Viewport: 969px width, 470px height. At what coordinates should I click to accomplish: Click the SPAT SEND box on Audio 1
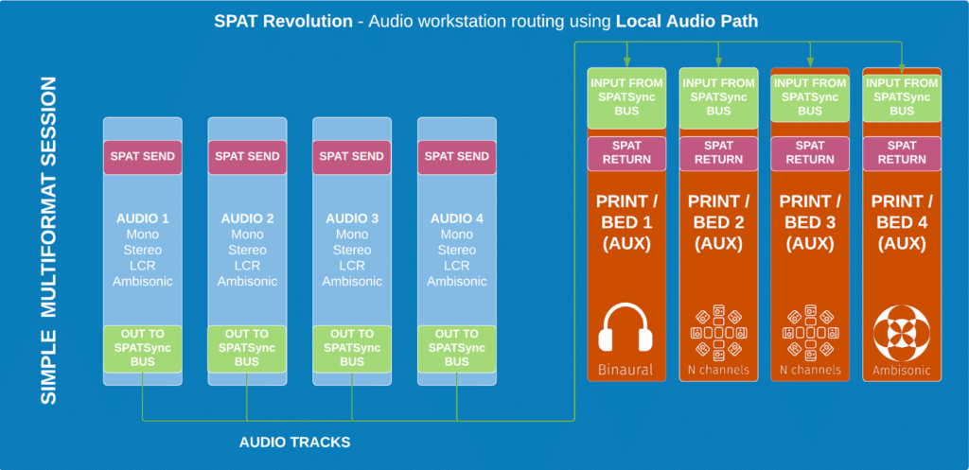(142, 157)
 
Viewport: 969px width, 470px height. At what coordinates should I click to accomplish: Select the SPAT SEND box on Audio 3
(352, 157)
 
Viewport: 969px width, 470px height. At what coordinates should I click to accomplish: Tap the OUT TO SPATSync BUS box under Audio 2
(247, 347)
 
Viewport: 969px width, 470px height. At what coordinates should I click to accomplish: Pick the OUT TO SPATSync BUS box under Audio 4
(457, 347)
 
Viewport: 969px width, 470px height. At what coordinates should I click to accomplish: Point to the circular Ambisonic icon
(902, 330)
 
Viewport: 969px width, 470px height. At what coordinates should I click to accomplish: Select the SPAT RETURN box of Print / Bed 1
(626, 153)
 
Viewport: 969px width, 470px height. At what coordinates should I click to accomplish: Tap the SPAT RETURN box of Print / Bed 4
(902, 153)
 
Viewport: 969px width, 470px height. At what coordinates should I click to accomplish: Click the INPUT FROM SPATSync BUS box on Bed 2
(718, 97)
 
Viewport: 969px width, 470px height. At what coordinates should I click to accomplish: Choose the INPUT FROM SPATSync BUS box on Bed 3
(810, 97)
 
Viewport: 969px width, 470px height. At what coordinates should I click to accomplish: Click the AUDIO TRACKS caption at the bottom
(294, 442)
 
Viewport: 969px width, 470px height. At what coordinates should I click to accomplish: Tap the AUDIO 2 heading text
(247, 219)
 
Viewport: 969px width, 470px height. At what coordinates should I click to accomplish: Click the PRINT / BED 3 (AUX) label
(810, 221)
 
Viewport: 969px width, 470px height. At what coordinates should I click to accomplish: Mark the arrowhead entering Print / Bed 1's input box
(626, 64)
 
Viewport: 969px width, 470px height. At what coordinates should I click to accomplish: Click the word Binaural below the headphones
(626, 370)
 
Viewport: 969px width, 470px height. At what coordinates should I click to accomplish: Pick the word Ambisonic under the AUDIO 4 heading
(457, 281)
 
